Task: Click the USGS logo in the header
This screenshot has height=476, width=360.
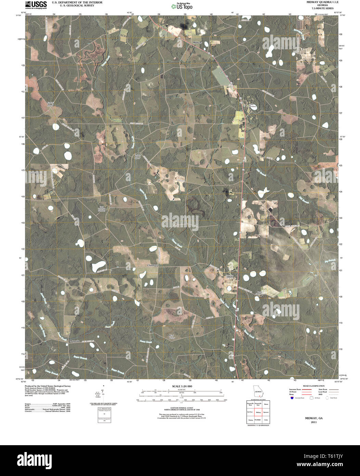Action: tap(36, 4)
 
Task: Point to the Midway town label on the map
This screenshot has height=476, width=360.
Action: tap(197, 42)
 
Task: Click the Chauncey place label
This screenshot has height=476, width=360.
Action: tap(152, 265)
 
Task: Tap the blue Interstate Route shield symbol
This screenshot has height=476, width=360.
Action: tap(292, 398)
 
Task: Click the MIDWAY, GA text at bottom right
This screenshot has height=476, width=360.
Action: tap(314, 418)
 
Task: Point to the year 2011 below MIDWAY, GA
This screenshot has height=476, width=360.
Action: tap(314, 422)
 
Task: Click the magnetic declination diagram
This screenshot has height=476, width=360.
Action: tap(103, 392)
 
